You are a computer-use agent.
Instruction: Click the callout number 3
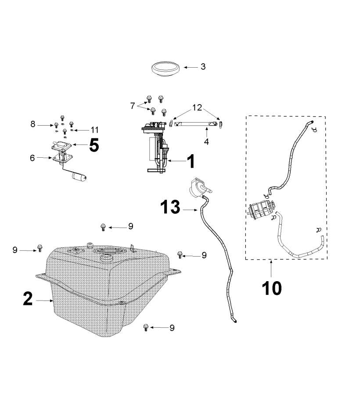(x=203, y=67)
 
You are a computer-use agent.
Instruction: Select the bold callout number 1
(x=191, y=161)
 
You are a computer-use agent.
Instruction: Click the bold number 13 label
(x=170, y=207)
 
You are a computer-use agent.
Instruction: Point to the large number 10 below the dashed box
(x=272, y=288)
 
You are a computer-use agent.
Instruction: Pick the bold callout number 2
(x=28, y=299)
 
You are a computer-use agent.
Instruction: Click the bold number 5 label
(x=94, y=145)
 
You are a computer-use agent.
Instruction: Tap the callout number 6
(x=32, y=158)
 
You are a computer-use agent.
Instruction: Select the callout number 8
(x=33, y=124)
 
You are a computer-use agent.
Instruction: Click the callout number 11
(x=94, y=130)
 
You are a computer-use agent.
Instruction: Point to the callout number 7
(x=133, y=105)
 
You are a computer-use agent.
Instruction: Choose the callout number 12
(x=197, y=108)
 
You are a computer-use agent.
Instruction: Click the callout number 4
(x=206, y=141)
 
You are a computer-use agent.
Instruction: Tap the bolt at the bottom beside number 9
(x=146, y=327)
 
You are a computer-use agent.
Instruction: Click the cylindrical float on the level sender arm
(x=79, y=176)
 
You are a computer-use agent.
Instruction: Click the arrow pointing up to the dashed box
(x=271, y=269)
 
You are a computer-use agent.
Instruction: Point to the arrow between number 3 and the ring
(x=191, y=67)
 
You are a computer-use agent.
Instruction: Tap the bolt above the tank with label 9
(x=103, y=227)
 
